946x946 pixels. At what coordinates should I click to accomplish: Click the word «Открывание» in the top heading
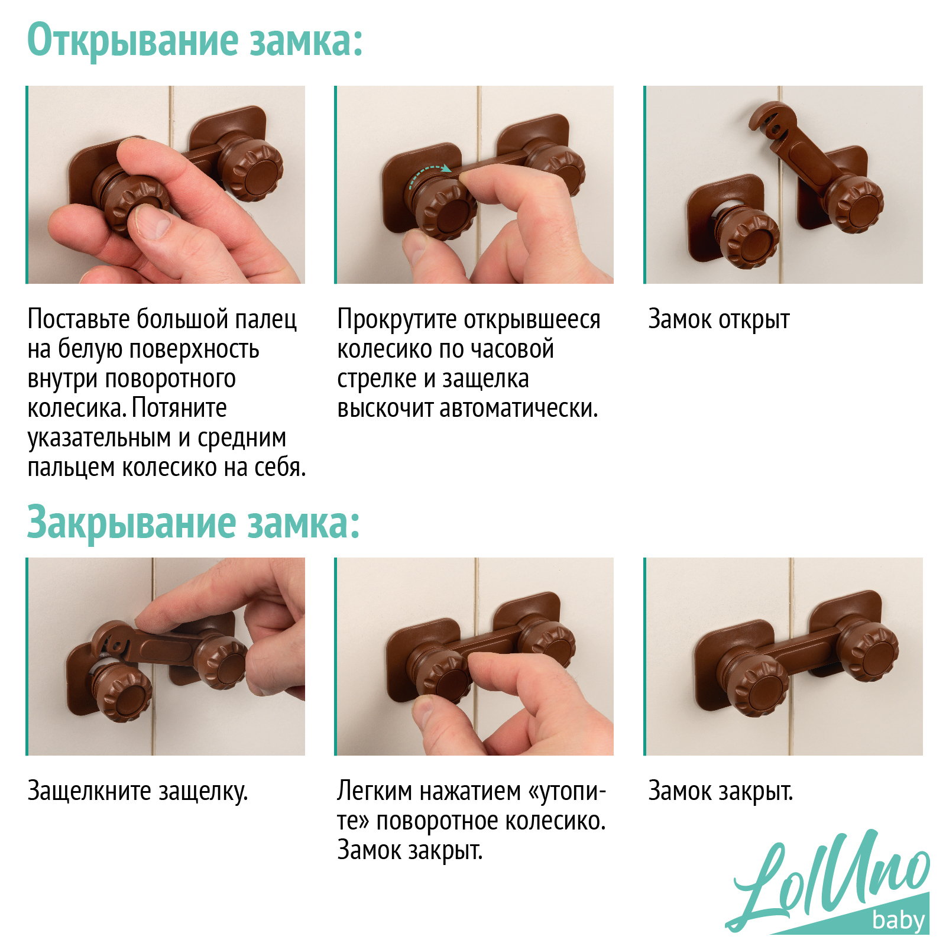coord(133,41)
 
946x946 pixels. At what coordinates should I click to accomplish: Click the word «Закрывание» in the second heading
coord(131,523)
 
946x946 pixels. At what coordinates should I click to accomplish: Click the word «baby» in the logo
coord(898,920)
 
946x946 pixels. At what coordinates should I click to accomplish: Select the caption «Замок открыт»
coord(719,320)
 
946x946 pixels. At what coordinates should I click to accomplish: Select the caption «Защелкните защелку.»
coord(137,792)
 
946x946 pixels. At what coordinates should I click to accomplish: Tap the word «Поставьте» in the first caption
coord(79,319)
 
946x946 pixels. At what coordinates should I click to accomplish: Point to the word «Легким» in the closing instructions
coord(374,791)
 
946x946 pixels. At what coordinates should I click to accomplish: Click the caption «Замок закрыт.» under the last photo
coord(721,792)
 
